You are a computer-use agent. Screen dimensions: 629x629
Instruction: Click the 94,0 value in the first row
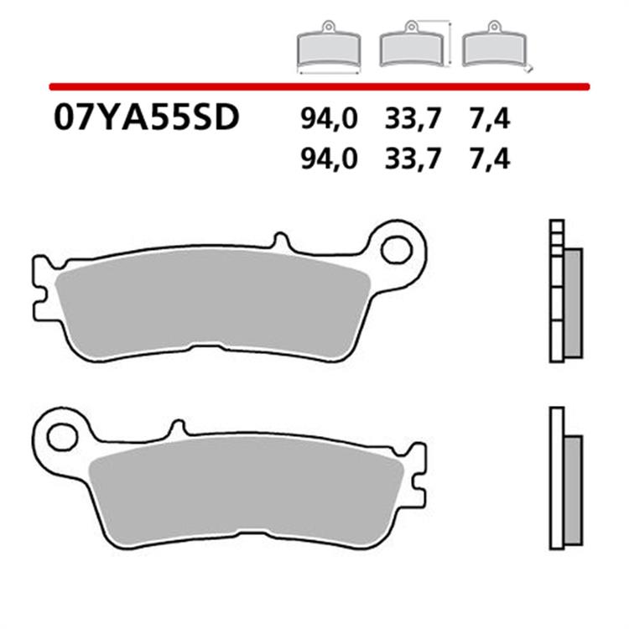[x=329, y=119]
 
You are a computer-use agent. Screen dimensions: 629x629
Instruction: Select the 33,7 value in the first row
[x=413, y=119]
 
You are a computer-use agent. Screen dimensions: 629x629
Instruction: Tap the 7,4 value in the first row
[x=489, y=119]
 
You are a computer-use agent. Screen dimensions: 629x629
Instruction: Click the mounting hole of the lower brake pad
[x=61, y=435]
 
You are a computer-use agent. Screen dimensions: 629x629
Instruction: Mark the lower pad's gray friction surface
[x=252, y=491]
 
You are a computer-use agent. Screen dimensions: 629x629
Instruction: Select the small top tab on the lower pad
[x=177, y=428]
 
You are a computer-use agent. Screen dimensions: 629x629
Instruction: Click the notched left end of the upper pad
[x=39, y=289]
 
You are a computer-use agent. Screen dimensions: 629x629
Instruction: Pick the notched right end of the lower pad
[x=417, y=478]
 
